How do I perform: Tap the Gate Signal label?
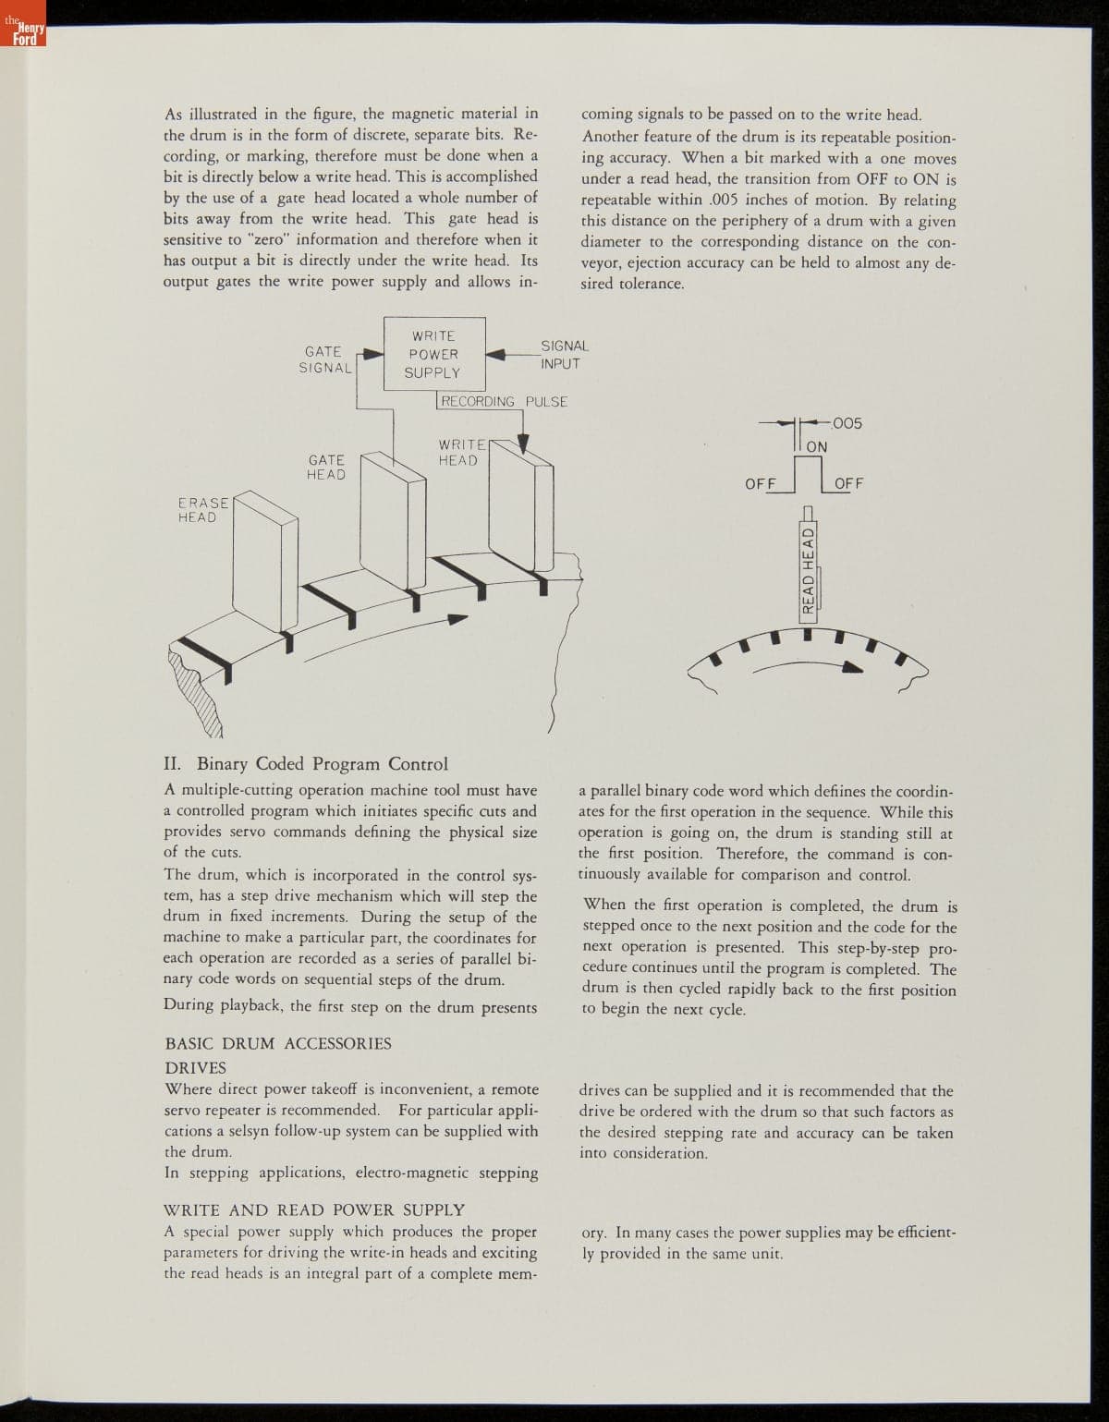pos(323,359)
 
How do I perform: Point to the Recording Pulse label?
pos(504,402)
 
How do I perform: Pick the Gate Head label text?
pos(326,467)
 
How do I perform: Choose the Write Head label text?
pos(458,453)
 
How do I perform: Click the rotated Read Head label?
pos(809,570)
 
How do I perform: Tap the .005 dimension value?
pos(846,423)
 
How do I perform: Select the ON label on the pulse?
pos(817,447)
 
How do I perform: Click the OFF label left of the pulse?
pos(760,483)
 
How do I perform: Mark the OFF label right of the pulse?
pos(848,483)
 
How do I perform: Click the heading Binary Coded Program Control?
pos(306,764)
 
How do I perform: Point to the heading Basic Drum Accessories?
pos(277,1044)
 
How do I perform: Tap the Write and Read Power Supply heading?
pos(314,1209)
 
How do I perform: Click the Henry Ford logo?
pos(22,36)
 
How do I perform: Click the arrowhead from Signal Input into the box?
pos(494,353)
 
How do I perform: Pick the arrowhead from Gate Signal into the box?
pos(373,353)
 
